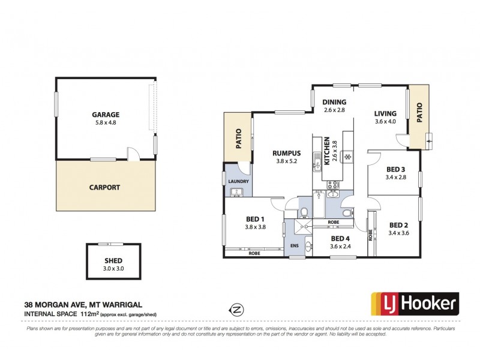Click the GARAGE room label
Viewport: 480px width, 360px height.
point(105,115)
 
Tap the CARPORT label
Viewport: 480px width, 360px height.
point(105,187)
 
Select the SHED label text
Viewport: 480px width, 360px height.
point(113,260)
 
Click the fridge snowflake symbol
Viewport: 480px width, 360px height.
point(346,157)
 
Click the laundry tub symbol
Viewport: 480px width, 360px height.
point(236,192)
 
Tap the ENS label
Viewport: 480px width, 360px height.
point(293,246)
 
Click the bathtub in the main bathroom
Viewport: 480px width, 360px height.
point(318,204)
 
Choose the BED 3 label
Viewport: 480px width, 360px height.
point(397,170)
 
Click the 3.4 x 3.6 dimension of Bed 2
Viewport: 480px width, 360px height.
point(399,233)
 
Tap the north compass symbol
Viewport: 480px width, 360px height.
point(238,310)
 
